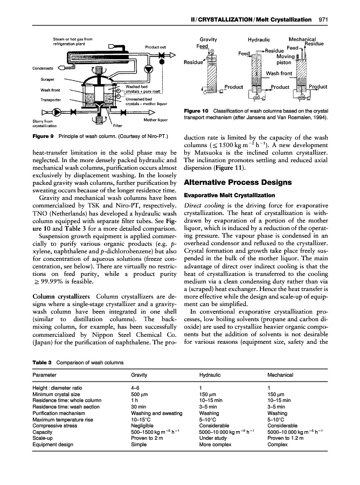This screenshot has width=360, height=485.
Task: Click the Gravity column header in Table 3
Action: (140, 375)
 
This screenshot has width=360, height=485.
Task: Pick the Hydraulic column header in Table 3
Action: (210, 375)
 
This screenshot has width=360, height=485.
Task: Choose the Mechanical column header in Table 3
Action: (280, 375)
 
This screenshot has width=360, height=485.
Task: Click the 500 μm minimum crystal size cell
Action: (139, 394)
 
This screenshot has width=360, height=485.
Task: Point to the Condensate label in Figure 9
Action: (43, 67)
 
